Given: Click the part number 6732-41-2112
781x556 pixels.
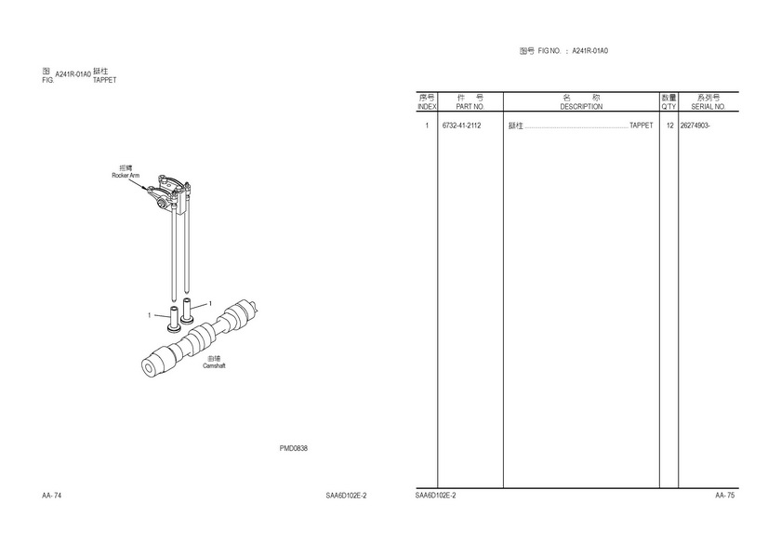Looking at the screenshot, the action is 461,126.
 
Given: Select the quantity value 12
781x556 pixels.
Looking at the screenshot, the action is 670,126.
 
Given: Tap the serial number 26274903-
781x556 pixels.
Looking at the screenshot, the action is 695,126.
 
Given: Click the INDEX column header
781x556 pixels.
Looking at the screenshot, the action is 427,107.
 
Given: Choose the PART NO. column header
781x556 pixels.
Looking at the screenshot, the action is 470,107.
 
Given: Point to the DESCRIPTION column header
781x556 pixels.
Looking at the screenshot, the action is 581,107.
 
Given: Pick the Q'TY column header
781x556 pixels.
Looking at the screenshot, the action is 668,107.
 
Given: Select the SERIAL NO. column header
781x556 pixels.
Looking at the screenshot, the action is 708,107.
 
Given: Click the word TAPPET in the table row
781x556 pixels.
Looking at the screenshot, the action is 641,126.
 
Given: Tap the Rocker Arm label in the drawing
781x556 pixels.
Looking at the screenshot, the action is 126,176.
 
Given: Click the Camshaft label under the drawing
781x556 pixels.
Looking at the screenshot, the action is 214,365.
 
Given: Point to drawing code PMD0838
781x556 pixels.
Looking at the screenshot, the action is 294,448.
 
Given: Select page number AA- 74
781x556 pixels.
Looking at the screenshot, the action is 52,496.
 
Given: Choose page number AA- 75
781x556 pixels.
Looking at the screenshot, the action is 724,496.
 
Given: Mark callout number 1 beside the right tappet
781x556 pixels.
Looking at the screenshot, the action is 210,303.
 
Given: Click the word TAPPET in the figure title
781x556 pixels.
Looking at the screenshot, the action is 104,80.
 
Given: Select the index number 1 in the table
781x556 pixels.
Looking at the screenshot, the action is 427,126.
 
